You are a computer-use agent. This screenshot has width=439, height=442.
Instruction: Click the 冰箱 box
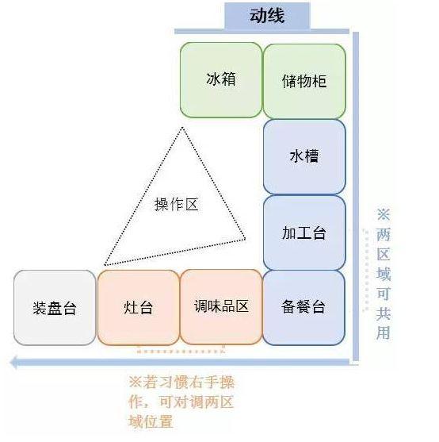(221, 80)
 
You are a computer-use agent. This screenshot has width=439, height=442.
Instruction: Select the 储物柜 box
(304, 81)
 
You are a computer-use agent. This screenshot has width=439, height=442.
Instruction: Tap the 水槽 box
(304, 157)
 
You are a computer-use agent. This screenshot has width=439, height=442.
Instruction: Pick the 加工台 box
(304, 233)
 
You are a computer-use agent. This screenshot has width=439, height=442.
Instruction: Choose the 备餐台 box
(303, 307)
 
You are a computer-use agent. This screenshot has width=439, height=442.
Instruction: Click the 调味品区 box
(221, 306)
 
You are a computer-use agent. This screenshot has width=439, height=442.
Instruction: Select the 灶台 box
(139, 307)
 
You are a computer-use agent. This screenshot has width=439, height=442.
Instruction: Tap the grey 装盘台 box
(55, 308)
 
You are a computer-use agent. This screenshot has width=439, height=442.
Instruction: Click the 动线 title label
(267, 16)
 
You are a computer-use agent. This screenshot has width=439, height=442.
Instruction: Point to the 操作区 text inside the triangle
(177, 204)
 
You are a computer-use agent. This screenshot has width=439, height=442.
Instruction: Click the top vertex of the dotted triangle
(182, 128)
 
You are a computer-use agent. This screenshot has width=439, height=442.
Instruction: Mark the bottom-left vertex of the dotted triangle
(105, 265)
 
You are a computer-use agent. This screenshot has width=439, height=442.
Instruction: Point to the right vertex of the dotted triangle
(245, 239)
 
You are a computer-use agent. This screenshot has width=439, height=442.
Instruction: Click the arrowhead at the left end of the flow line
(14, 362)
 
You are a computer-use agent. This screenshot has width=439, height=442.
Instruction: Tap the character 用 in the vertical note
(384, 332)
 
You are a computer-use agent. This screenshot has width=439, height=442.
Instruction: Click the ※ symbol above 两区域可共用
(384, 214)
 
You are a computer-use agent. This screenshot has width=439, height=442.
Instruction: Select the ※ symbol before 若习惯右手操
(135, 382)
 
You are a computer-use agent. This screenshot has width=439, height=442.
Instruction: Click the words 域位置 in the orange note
(151, 422)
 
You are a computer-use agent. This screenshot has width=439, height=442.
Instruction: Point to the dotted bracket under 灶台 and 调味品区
(181, 352)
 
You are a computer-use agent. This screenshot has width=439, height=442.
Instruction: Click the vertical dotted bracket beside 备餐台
(367, 271)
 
